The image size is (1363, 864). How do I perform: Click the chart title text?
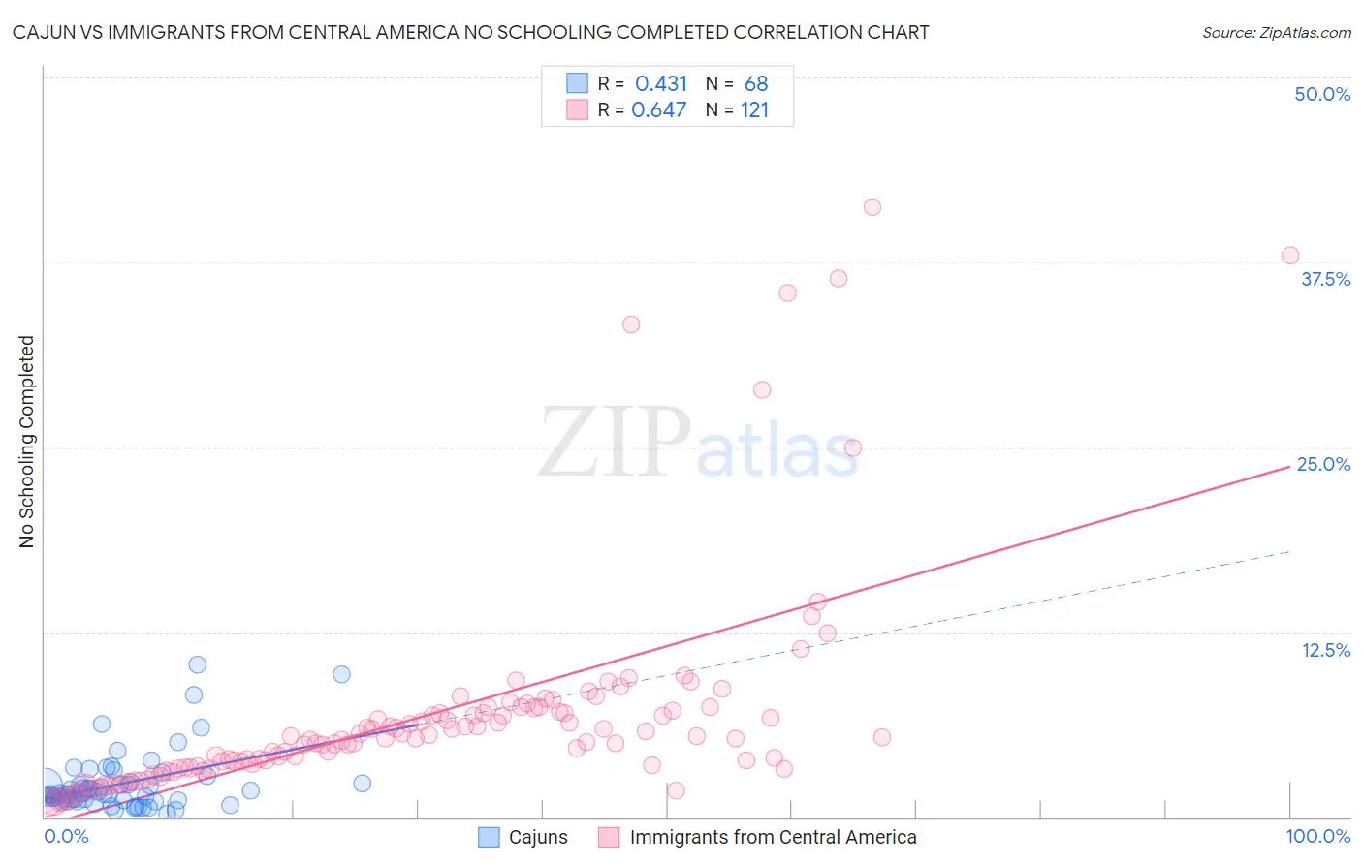(x=470, y=32)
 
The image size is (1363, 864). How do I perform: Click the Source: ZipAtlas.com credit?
(x=1276, y=32)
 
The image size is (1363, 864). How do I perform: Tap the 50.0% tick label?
(x=1322, y=94)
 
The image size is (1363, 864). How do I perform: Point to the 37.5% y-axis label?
(x=1325, y=279)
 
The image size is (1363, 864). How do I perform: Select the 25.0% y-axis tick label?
(x=1323, y=464)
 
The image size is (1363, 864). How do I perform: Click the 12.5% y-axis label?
(x=1325, y=650)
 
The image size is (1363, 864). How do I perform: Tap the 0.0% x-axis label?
(x=66, y=836)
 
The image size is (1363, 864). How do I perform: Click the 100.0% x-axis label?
(x=1317, y=836)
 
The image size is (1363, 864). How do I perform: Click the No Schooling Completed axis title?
(x=27, y=442)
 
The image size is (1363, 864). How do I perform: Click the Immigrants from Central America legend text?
(x=773, y=837)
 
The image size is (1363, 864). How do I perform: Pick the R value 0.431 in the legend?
(x=661, y=84)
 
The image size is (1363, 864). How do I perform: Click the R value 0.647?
(x=659, y=110)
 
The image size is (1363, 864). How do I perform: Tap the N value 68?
(x=756, y=84)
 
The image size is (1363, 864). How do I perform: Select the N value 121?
(x=754, y=110)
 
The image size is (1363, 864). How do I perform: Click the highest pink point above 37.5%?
(x=872, y=206)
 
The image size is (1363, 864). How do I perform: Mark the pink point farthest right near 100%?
(x=1290, y=256)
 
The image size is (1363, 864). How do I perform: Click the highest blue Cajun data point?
(x=198, y=664)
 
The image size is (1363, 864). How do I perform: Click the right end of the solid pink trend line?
(x=1289, y=466)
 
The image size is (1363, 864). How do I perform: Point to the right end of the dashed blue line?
(x=1289, y=551)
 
